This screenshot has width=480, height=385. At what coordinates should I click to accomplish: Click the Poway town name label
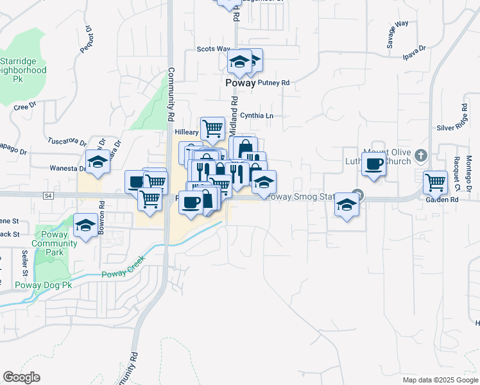pos(240,83)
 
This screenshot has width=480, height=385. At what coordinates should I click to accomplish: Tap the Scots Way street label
pos(213,49)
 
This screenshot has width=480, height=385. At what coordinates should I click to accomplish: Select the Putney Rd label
pos(274,83)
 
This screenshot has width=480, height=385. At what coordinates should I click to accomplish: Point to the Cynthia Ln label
pos(257,116)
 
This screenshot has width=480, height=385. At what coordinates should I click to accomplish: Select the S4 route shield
pos(47,194)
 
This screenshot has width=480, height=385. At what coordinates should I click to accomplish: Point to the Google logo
pos(21,377)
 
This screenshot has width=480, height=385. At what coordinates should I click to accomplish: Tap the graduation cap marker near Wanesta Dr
pos(98,163)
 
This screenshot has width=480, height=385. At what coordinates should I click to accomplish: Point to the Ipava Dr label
pos(415,51)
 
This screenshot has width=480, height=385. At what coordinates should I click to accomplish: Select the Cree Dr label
pos(25,107)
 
